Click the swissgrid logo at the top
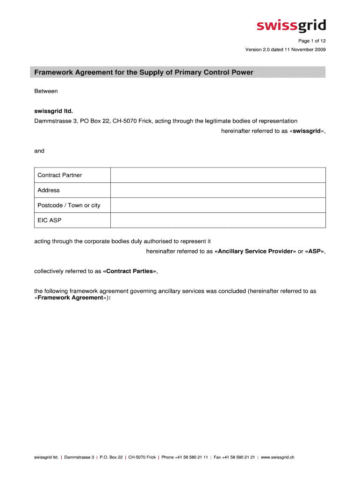291,26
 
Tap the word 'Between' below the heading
46,91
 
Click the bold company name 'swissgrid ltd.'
54,111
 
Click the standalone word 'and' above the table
39,151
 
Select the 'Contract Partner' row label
60,175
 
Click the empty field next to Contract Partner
218,175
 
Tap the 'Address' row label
49,190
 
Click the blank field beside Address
218,190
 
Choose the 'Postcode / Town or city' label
69,205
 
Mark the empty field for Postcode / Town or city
218,205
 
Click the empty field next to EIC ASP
218,220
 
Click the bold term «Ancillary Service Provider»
255,251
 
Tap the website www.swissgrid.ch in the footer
277,457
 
